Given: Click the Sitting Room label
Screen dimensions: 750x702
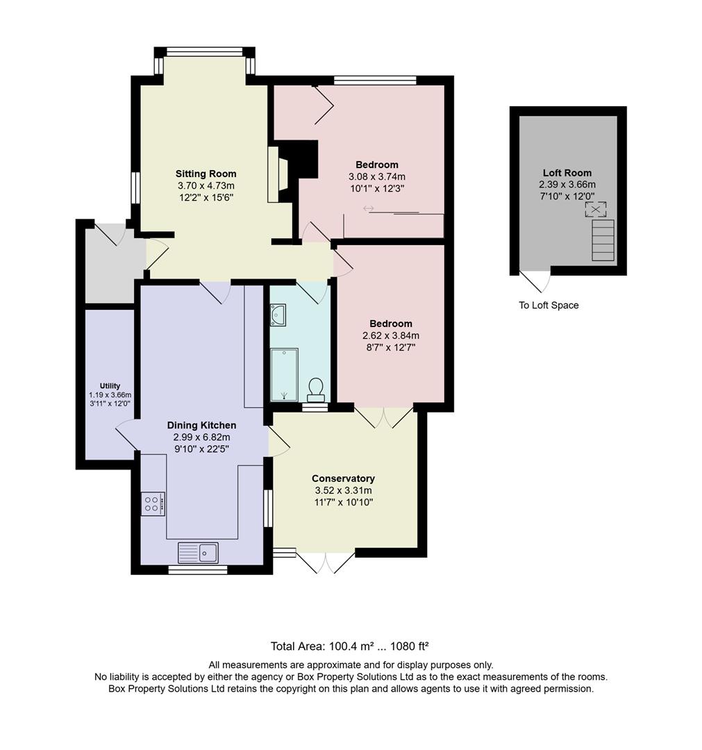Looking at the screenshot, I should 206,174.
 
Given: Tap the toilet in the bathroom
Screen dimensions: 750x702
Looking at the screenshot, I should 316,390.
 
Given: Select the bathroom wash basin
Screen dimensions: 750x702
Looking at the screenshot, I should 278,315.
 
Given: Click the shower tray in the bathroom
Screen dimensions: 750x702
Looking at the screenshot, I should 284,374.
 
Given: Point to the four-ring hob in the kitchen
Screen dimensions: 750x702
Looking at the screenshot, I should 153,503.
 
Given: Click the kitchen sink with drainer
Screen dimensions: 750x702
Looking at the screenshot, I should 198,553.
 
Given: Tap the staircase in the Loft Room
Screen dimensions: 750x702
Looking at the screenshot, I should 603,240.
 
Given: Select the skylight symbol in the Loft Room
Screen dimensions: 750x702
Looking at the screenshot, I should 595,209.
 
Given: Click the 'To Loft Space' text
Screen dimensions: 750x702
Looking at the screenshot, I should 549,306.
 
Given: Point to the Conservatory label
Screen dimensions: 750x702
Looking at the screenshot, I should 343,478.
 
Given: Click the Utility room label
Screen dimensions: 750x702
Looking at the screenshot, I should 110,386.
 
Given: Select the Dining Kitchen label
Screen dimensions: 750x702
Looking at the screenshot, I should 201,425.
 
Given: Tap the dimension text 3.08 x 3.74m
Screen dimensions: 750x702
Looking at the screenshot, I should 377,176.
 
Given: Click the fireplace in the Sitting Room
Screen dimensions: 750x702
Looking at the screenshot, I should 279,174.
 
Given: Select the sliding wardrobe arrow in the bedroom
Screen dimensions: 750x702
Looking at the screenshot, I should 368,208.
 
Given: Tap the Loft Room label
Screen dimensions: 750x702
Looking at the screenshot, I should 567,173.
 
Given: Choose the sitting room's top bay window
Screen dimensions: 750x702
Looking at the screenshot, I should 205,51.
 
